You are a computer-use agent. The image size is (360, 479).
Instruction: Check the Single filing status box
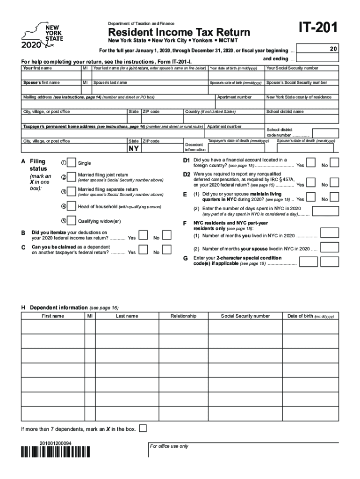[72, 163]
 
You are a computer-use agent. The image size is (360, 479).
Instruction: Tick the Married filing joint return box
[72, 177]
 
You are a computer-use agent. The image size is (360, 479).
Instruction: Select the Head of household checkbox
[72, 206]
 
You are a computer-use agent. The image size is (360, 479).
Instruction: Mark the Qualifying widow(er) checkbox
[72, 221]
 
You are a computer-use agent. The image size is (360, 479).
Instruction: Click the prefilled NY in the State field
[134, 149]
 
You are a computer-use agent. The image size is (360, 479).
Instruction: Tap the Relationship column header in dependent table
[183, 316]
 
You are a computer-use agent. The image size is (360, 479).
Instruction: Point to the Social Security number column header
[245, 316]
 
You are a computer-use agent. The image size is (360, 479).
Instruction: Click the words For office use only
[169, 446]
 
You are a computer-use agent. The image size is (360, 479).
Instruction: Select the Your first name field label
[37, 68]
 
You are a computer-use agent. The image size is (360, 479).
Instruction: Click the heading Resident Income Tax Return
[179, 32]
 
